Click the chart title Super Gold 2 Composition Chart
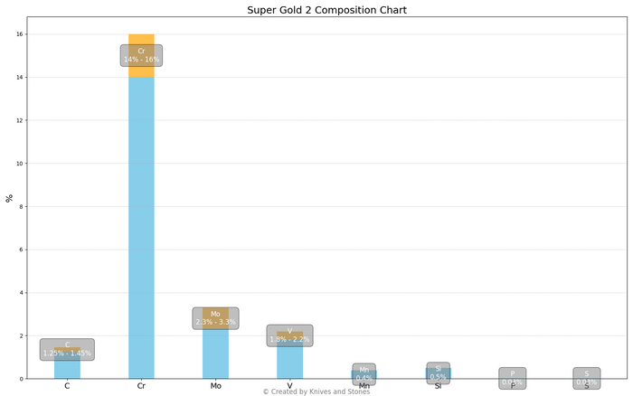(316, 10)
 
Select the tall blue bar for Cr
(141, 226)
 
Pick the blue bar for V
(289, 362)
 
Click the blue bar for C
(67, 369)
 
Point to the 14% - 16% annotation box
(141, 55)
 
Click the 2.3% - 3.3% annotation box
(215, 318)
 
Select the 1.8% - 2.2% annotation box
(289, 335)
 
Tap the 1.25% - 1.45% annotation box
(67, 349)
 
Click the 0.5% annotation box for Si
(438, 372)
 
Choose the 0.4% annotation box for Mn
(364, 373)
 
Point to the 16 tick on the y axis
(31, 34)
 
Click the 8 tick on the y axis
(31, 206)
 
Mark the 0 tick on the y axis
(31, 379)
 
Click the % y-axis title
(10, 198)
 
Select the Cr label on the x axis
(141, 386)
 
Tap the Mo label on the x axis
(215, 386)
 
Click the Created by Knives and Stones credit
(316, 391)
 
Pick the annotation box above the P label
(512, 378)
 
